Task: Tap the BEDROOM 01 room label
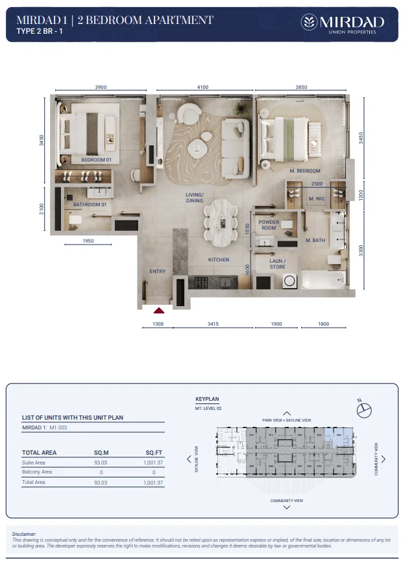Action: point(96,160)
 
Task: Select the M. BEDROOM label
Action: point(304,171)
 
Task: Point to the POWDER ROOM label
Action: point(269,224)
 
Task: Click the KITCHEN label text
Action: point(219,259)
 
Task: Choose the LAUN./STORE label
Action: point(278,263)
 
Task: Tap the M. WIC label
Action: point(317,198)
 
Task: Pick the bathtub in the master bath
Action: point(325,281)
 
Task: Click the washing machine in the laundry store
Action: point(289,282)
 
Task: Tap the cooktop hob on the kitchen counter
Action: point(200,282)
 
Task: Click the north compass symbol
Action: point(364,409)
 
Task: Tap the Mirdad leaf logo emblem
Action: point(310,23)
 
